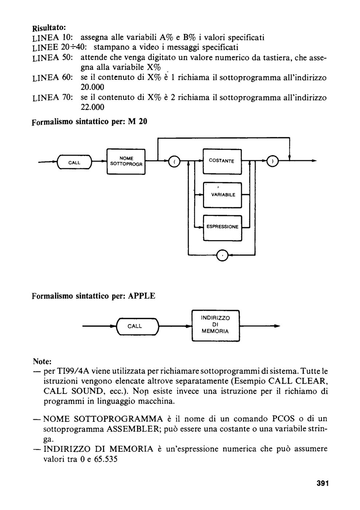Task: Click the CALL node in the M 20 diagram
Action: click(74, 162)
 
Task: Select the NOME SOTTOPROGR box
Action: click(126, 162)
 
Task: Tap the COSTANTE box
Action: click(222, 161)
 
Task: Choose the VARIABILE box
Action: click(222, 195)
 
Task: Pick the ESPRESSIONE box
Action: click(222, 228)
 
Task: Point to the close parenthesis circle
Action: click(272, 161)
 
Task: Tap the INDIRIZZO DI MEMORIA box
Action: click(216, 326)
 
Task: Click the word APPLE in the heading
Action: click(141, 296)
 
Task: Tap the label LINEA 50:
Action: click(52, 58)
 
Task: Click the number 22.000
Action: click(92, 107)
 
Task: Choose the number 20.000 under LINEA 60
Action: click(92, 87)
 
